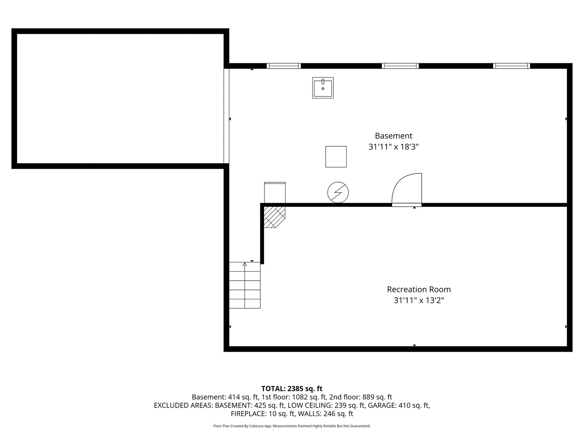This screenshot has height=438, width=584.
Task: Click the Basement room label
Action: (393, 136)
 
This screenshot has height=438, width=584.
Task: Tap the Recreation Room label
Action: (419, 289)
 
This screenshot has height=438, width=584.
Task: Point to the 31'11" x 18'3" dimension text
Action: (393, 147)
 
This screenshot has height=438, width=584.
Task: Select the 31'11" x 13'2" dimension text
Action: (419, 301)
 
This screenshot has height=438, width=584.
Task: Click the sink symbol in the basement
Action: (323, 88)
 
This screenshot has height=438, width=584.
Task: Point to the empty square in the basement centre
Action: (336, 157)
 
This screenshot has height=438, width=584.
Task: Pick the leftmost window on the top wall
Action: (283, 66)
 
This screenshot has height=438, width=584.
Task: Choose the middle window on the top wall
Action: (400, 66)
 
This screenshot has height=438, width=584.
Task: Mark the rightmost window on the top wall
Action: (511, 66)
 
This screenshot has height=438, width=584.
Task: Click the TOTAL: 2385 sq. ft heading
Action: (292, 389)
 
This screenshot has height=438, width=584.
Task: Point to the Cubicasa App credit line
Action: (292, 426)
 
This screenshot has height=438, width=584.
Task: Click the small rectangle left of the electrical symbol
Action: (275, 192)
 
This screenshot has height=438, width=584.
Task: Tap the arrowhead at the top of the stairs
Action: (245, 264)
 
